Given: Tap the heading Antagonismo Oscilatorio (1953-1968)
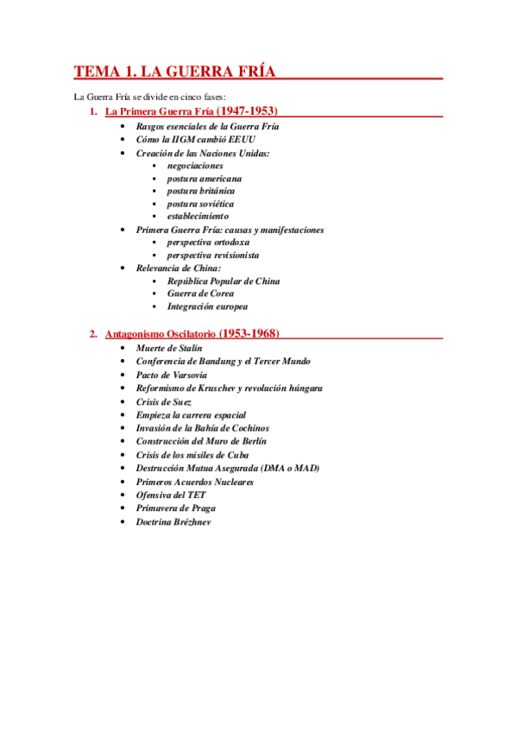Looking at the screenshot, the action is point(192,333).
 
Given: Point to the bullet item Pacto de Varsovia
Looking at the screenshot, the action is point(171,375).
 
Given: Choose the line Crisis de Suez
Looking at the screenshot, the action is point(164,401).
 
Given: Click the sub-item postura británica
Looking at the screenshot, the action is point(200,191).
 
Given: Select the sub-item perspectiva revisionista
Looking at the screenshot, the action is point(212,256).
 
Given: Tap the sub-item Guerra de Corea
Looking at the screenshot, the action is point(199,293).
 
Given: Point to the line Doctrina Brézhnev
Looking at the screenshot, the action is point(173,521).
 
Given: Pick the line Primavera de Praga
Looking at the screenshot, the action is point(176,508).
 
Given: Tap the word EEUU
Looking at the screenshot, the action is point(241,139).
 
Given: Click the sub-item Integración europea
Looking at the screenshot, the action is point(207,306).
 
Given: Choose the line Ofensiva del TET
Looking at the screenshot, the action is point(171,495).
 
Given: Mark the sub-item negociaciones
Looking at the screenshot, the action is point(195,165).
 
